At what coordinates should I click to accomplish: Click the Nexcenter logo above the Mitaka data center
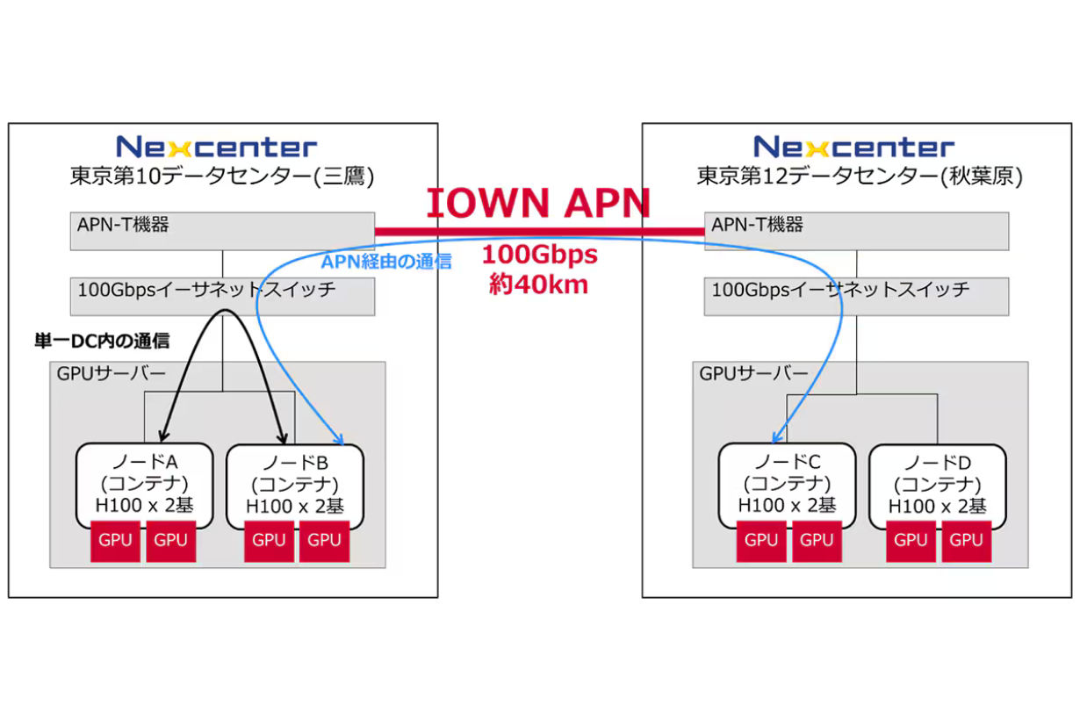point(216,146)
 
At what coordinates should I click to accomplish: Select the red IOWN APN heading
point(539,203)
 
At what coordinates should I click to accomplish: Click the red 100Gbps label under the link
point(539,256)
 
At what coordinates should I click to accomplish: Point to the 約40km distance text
point(539,284)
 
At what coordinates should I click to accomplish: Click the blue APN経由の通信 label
point(386,261)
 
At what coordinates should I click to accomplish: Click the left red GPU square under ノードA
point(116,541)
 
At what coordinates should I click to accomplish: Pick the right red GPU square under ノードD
point(966,541)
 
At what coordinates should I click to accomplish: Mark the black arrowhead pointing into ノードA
point(162,436)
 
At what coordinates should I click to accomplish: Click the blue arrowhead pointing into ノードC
point(776,438)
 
